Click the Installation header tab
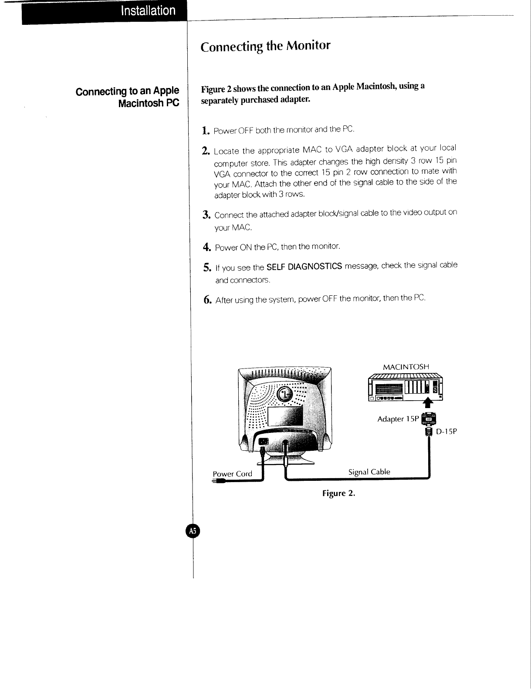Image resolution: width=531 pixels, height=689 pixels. click(x=148, y=11)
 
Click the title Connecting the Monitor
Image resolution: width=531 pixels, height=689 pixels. click(x=265, y=46)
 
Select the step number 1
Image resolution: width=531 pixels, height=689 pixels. click(x=206, y=130)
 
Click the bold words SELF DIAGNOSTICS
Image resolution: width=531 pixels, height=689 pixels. click(x=304, y=266)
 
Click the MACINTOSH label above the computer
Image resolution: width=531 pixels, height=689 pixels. click(x=406, y=367)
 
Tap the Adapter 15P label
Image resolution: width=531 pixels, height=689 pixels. click(x=397, y=419)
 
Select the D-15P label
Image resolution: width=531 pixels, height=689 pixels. click(x=446, y=432)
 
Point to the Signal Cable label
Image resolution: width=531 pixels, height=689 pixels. click(x=369, y=472)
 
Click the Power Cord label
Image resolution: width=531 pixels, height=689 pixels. click(x=232, y=474)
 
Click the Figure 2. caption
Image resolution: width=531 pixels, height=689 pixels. click(x=339, y=493)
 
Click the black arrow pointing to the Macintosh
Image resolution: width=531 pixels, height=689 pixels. click(x=429, y=402)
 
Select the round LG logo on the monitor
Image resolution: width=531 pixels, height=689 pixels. click(x=287, y=394)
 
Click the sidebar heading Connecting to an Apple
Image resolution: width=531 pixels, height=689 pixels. click(x=127, y=91)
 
